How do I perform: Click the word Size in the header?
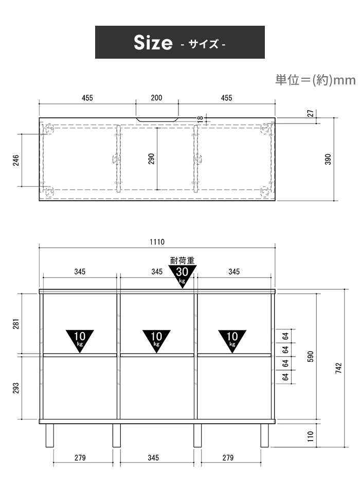tap(153, 42)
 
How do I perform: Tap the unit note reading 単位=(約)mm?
tap(315, 80)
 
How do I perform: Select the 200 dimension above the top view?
tap(156, 98)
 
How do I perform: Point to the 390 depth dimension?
tap(328, 159)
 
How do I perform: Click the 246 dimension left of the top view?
tap(16, 160)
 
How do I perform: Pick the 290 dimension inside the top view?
tap(151, 159)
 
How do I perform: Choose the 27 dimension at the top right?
tap(311, 113)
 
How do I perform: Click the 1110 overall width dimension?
tap(157, 242)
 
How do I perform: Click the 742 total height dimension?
tap(339, 368)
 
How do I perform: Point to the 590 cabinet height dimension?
tap(311, 357)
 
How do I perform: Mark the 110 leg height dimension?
tap(311, 435)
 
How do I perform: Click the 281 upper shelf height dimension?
tap(16, 324)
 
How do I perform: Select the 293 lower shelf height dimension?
tap(16, 388)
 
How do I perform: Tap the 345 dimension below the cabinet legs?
tap(153, 458)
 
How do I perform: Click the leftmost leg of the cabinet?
tap(49, 435)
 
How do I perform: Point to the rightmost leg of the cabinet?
tap(264, 435)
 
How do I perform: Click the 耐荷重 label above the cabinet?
tap(183, 260)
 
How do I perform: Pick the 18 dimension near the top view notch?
tap(201, 118)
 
